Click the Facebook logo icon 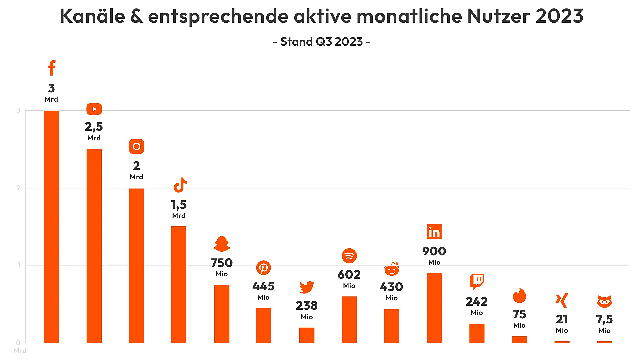(52, 68)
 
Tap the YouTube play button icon (94, 109)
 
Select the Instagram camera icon (136, 146)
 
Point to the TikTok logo (180, 185)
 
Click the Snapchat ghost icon (222, 244)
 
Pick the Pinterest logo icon (263, 268)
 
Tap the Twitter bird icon (307, 287)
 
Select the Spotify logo (349, 256)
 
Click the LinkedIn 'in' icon (434, 232)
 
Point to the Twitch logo (477, 281)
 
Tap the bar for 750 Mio (222, 314)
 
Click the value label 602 (349, 275)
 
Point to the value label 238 (307, 306)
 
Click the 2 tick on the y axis (19, 188)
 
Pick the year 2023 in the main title (559, 16)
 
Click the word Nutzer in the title (499, 16)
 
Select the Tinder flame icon (519, 296)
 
